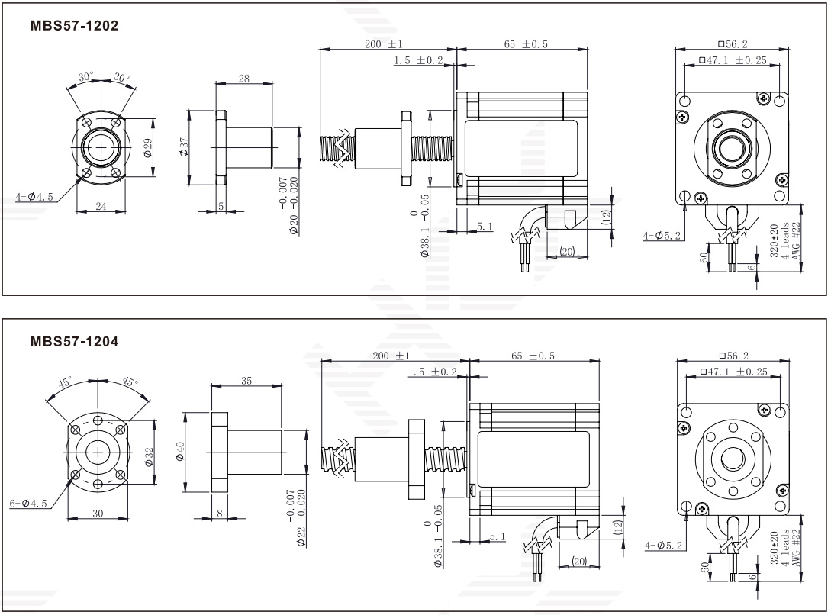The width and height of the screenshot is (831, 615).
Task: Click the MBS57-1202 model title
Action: pos(74,25)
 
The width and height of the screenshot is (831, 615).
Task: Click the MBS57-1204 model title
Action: pos(74,341)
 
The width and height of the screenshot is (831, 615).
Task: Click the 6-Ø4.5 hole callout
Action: pos(29,503)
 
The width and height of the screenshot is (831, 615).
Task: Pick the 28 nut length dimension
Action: pos(244,78)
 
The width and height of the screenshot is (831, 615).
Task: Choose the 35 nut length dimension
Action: pos(246,380)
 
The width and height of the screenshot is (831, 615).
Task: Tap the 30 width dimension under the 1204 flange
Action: pos(98,513)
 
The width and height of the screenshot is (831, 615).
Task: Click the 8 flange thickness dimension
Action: pos(220,514)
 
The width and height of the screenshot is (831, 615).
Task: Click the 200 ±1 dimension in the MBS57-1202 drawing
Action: pos(383,44)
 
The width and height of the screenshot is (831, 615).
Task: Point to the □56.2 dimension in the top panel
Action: pos(733,44)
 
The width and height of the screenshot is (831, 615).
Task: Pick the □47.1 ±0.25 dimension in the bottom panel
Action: pos(733,371)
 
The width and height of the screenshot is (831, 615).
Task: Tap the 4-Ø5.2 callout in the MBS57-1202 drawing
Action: pos(660,236)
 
